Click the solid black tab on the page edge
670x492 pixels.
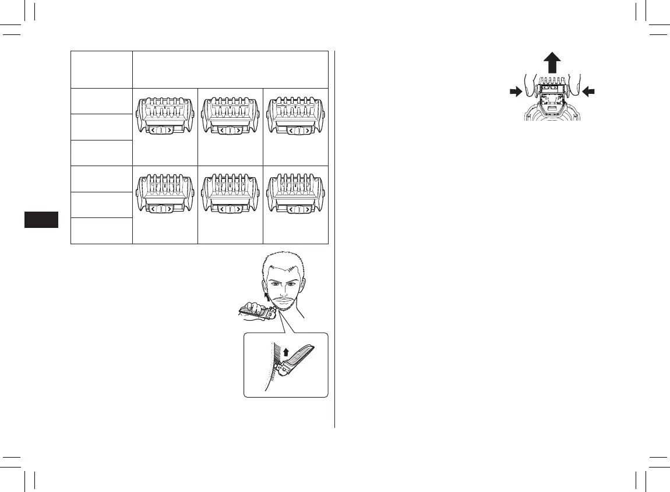coord(41,220)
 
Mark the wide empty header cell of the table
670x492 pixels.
coord(230,69)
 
